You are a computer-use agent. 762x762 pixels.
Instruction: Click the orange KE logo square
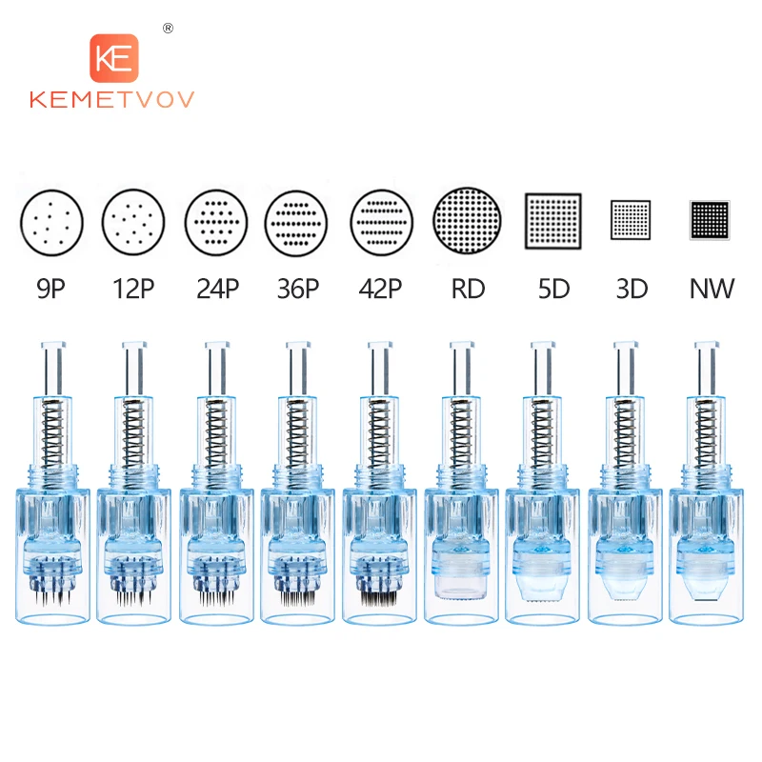(x=114, y=58)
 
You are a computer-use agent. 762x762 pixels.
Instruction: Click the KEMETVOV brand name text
(x=111, y=100)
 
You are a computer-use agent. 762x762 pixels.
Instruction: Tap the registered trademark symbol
(x=169, y=29)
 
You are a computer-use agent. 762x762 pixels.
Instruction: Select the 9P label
(x=51, y=289)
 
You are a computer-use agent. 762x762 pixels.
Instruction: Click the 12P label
(x=133, y=289)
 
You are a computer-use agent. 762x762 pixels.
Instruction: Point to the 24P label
(x=218, y=289)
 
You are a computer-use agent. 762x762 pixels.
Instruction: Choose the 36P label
(x=298, y=289)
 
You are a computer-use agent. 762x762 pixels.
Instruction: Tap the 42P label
(x=380, y=289)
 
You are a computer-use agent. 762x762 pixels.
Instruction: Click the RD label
(x=468, y=289)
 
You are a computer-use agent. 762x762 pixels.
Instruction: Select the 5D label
(x=554, y=289)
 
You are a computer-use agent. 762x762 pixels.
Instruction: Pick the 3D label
(x=632, y=289)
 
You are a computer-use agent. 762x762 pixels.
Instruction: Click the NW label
(x=712, y=289)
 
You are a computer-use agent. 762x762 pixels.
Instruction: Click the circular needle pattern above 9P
(x=51, y=223)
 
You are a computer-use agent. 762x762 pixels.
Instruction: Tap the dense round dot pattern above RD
(x=467, y=221)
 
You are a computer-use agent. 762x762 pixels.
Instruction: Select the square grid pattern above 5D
(x=553, y=221)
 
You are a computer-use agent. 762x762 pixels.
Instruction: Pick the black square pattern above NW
(x=710, y=220)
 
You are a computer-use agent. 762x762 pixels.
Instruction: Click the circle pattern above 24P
(x=216, y=223)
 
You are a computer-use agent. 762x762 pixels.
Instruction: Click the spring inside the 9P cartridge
(x=53, y=431)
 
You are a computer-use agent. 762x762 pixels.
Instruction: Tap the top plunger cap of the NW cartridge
(x=707, y=345)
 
